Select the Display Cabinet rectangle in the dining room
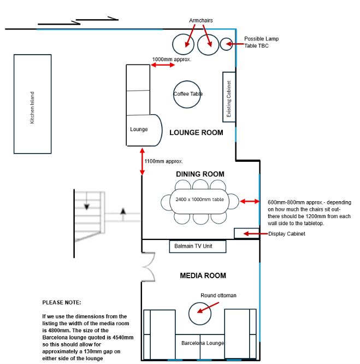coord(246,233)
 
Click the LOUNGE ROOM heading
coord(196,133)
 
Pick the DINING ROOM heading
coord(200,174)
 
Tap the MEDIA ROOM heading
coord(203,275)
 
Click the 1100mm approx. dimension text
coord(163,161)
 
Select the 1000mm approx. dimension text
coord(172,60)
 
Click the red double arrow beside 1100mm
coord(142,162)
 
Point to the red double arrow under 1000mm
coord(163,65)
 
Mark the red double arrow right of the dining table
coord(250,201)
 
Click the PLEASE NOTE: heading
coord(62,302)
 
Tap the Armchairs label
coord(201,20)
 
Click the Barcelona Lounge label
coord(203,343)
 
